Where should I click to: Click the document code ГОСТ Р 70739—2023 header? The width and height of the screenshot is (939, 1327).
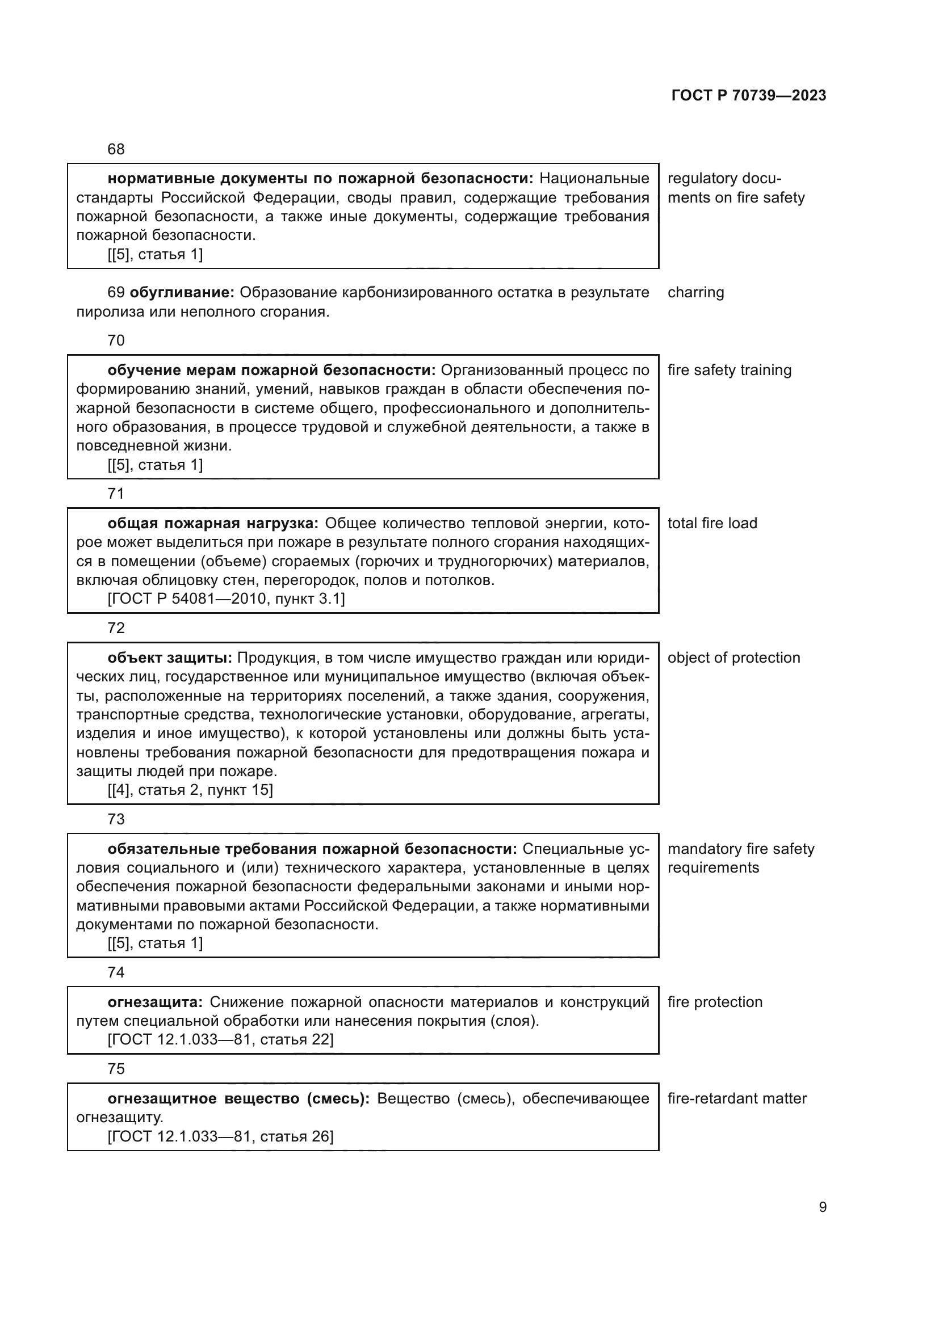click(748, 95)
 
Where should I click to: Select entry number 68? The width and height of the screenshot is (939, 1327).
click(116, 149)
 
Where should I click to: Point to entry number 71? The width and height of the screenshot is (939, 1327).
click(116, 493)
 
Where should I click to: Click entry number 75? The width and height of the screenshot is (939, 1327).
click(116, 1069)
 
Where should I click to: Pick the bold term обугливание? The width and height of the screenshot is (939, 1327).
click(182, 292)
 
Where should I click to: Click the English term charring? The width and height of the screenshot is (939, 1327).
click(695, 292)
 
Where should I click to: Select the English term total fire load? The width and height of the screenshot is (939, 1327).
click(712, 523)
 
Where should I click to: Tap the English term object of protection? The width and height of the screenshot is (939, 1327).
click(733, 658)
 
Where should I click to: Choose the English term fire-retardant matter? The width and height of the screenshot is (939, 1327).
click(737, 1099)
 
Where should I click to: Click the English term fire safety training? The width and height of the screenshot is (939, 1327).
click(729, 370)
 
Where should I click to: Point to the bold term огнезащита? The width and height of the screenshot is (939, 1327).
click(155, 1002)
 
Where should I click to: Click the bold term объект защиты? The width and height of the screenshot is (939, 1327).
click(169, 658)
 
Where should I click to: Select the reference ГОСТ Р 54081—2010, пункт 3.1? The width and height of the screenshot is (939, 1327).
click(226, 599)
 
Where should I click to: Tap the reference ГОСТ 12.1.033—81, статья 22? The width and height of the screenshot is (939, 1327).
click(220, 1040)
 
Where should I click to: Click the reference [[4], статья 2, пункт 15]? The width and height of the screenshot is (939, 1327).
click(190, 790)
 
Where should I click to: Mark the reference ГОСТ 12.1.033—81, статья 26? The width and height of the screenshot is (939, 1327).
click(220, 1136)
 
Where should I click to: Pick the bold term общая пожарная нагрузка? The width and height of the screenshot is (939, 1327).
click(213, 523)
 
